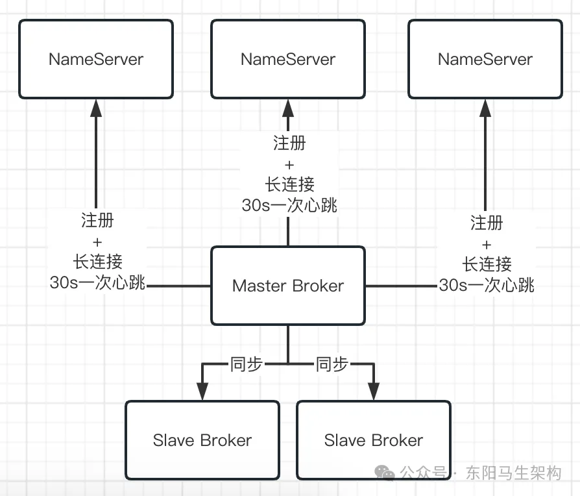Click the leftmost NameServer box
coord(96,59)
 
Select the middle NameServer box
coord(288,59)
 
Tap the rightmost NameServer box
coord(485,59)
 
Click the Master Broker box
coord(288,286)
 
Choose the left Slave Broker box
coord(202,440)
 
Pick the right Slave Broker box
coord(374,440)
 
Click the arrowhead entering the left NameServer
coord(96,108)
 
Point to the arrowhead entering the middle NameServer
coord(288,108)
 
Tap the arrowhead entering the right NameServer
coord(485,108)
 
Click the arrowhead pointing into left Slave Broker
coord(202,391)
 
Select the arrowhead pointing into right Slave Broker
coord(374,391)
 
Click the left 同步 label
coord(247,364)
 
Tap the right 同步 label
coord(332,364)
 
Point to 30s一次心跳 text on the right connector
coord(487,284)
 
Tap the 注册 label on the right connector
coord(487,223)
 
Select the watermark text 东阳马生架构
coord(513,473)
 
